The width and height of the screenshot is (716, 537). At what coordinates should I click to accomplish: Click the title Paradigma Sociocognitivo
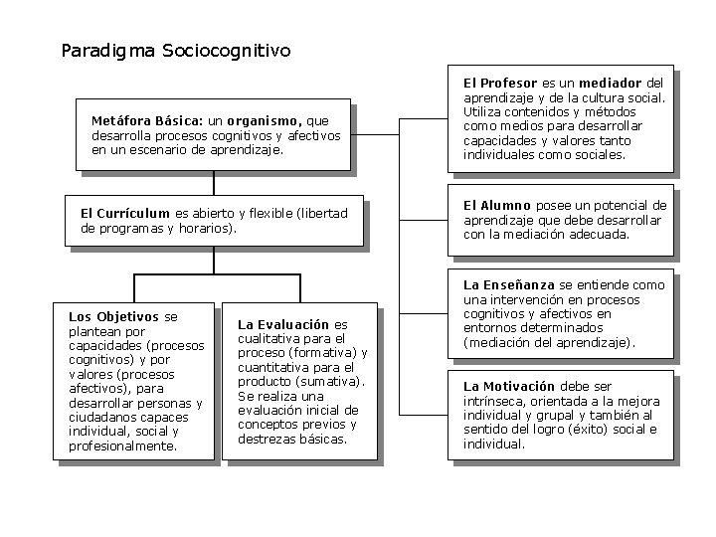click(x=176, y=49)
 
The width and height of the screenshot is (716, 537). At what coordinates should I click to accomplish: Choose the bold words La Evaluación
click(x=282, y=324)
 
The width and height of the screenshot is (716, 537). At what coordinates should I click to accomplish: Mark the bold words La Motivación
click(x=509, y=386)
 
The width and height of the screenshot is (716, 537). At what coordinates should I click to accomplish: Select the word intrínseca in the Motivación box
click(x=494, y=400)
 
